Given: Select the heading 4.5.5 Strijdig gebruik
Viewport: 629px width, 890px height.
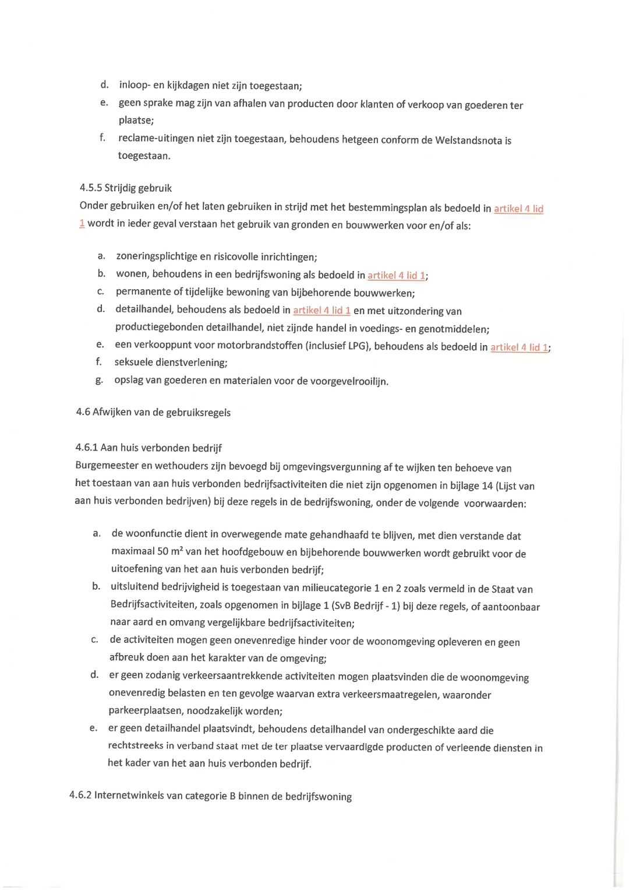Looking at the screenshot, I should (x=126, y=188).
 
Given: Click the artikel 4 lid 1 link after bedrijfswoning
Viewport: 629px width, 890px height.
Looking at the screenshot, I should (x=396, y=275).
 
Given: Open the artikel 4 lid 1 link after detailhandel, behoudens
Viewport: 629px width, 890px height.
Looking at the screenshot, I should (x=321, y=310).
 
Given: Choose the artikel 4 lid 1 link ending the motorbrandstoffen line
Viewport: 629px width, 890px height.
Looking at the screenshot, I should (x=519, y=347).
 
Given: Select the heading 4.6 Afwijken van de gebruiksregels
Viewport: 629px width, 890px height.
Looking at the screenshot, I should (x=153, y=412).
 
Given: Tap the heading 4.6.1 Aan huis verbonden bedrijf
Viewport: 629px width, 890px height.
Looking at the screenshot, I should (x=149, y=448).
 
